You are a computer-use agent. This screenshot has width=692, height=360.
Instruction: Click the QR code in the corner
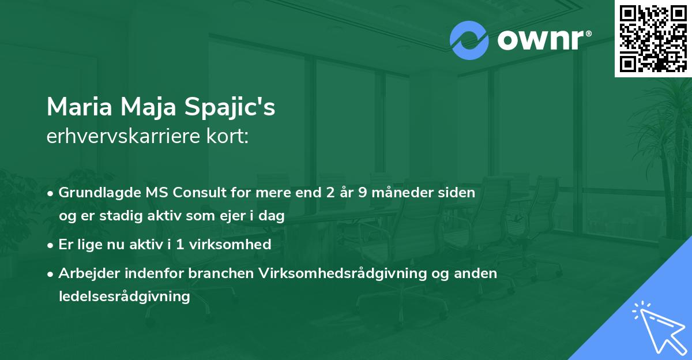point(653,39)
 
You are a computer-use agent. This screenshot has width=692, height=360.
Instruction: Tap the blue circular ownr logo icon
point(469,40)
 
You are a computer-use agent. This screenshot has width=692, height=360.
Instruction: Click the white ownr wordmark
point(540,40)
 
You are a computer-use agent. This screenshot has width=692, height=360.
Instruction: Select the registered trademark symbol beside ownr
point(588,33)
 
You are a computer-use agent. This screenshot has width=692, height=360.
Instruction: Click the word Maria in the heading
point(79,107)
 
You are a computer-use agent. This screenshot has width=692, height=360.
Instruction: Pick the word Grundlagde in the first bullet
point(99,193)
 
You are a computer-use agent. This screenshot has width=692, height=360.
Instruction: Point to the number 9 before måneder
point(363,193)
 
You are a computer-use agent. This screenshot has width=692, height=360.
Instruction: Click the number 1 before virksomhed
point(180,245)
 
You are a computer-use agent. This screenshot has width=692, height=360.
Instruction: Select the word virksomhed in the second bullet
point(230,244)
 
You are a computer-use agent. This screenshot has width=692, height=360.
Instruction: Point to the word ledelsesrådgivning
point(124,297)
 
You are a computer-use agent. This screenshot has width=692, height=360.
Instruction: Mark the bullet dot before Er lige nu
point(50,245)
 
